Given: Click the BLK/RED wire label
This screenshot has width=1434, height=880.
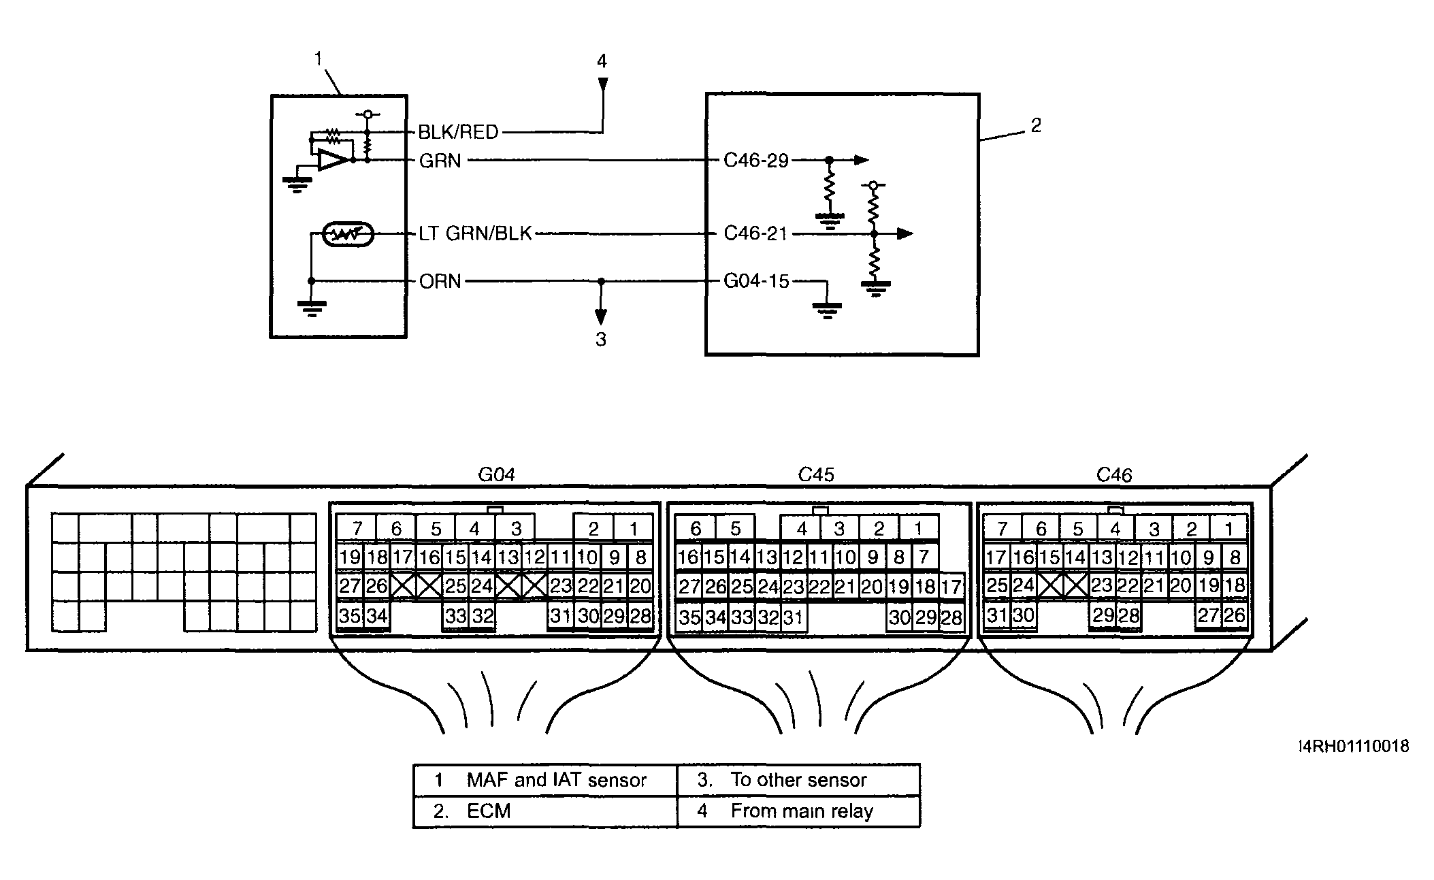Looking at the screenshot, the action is click(x=458, y=131).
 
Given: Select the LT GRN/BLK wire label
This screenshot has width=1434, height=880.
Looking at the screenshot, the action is click(x=475, y=233).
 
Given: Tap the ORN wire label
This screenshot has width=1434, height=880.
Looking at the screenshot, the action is click(x=440, y=281).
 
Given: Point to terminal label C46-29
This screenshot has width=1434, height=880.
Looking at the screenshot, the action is click(x=756, y=160).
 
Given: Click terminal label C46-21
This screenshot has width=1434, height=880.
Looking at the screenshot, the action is click(x=755, y=233).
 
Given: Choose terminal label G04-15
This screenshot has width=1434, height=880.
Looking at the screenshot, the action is click(x=756, y=281).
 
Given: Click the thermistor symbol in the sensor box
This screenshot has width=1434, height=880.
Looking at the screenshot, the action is click(x=348, y=234).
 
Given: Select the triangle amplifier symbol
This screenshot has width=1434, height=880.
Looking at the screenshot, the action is click(x=333, y=161).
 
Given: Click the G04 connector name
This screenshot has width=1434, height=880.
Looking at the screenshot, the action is click(x=496, y=474).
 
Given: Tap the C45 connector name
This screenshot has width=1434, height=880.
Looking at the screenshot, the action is click(x=816, y=474).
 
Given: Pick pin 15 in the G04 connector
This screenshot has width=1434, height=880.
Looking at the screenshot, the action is click(x=455, y=557).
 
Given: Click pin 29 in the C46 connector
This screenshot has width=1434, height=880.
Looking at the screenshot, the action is click(x=1103, y=615).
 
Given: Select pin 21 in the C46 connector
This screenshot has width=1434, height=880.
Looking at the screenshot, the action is click(x=1154, y=585).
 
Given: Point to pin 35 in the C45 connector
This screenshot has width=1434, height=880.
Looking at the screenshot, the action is click(x=689, y=617).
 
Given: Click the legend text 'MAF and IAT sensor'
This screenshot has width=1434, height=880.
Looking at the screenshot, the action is click(x=557, y=780).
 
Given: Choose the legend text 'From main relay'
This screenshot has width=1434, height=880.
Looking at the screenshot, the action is click(x=802, y=811).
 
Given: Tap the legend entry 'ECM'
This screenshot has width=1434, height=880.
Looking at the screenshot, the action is click(x=489, y=811).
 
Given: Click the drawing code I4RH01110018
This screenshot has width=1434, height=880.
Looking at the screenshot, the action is click(x=1354, y=747).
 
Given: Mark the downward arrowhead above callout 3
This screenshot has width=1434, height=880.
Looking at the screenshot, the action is click(x=600, y=316).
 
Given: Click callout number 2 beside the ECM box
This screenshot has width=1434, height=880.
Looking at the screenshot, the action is click(x=1036, y=125).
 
